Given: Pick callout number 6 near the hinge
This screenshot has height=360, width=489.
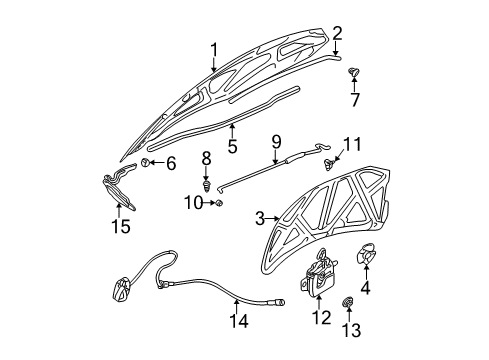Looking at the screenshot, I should pos(169,162).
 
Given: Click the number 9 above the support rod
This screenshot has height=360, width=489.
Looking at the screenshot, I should pos(276,141).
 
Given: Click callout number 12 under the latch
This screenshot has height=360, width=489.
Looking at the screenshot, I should pos(320,319).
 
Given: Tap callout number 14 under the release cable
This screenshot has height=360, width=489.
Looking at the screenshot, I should pos(236,321).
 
